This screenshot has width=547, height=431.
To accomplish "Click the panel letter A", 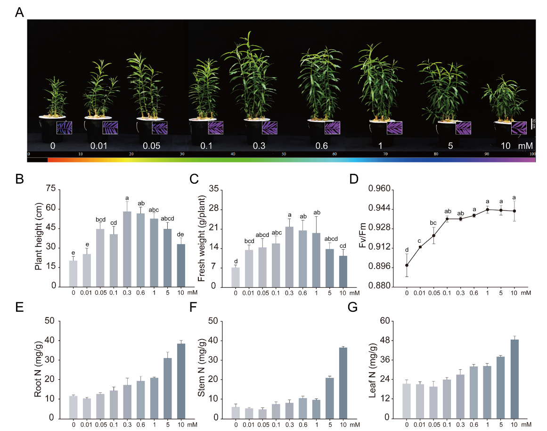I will coord(19,13).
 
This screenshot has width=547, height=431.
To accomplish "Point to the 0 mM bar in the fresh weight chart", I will coord(236,277).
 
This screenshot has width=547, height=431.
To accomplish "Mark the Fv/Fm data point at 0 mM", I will coord(407,265).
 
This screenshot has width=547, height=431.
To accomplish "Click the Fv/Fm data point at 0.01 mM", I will coord(420,247).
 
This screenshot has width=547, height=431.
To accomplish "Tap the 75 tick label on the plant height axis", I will coord(51,189).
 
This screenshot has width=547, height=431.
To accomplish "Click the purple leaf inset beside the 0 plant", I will coord(64,128).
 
